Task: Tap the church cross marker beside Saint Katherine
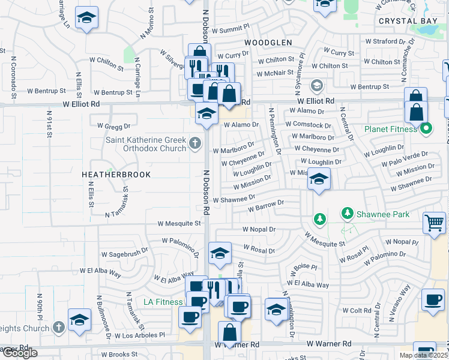coord(194,143)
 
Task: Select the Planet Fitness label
coord(390,129)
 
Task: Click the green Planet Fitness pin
coord(427,128)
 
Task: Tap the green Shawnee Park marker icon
coord(346,213)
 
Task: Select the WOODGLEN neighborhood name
coord(268,43)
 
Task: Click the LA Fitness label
coord(162,301)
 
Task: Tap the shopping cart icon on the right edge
coord(434,223)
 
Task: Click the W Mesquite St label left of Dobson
coord(179,223)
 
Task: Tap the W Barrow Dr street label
coord(267,207)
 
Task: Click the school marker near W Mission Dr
coord(319,179)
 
